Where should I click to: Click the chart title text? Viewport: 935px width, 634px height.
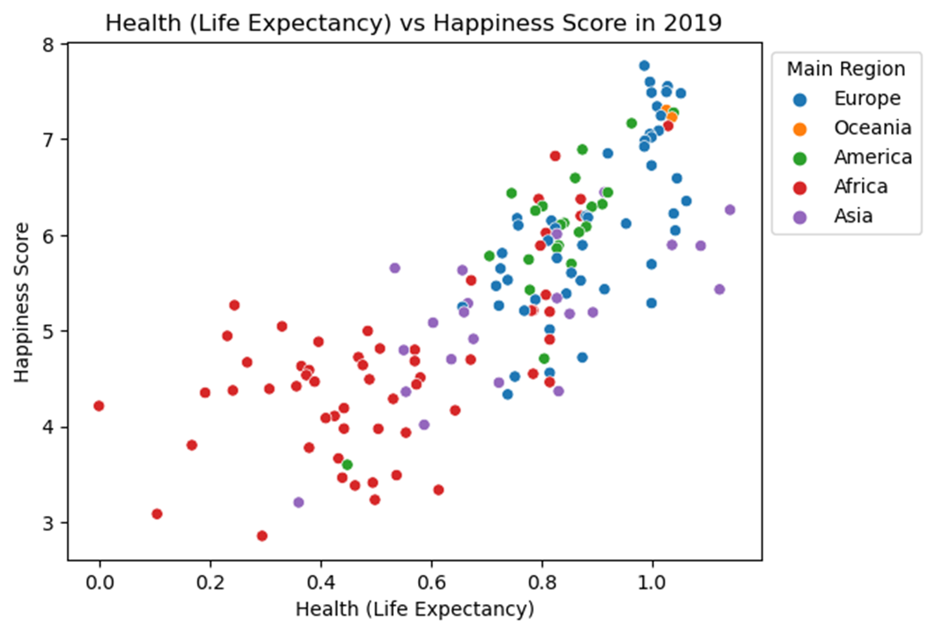click(x=413, y=24)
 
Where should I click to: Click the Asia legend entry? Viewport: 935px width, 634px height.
click(x=853, y=215)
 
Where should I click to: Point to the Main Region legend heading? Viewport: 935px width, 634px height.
click(x=846, y=69)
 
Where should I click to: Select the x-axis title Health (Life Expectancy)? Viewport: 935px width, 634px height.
click(x=415, y=608)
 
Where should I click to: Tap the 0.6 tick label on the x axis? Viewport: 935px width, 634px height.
click(x=431, y=581)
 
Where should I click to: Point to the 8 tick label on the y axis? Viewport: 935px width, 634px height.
click(x=49, y=44)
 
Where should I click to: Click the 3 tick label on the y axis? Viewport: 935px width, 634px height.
click(x=49, y=523)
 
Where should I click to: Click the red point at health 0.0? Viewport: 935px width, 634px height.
click(x=99, y=405)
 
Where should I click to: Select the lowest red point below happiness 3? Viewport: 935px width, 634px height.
click(x=261, y=536)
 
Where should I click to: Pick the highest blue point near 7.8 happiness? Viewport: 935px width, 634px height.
click(x=644, y=66)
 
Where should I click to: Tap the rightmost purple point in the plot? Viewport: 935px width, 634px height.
click(x=729, y=209)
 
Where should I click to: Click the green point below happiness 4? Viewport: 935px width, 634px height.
click(x=347, y=464)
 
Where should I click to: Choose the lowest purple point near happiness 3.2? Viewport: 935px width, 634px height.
click(x=298, y=502)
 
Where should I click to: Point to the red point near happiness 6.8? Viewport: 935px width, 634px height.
click(x=555, y=156)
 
